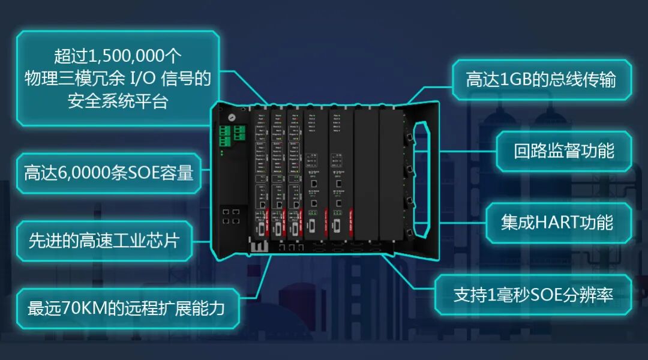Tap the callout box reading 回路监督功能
[x=563, y=151]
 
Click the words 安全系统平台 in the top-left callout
[x=118, y=101]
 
